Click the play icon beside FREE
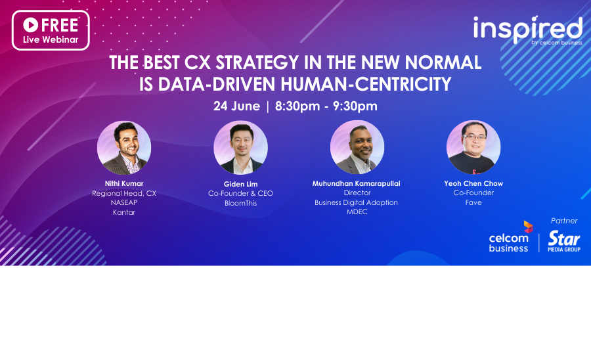pyautogui.click(x=30, y=25)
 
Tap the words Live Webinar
pyautogui.click(x=51, y=39)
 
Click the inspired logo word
pyautogui.click(x=528, y=28)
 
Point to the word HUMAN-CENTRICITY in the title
pyautogui.click(x=366, y=84)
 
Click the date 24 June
pyautogui.click(x=236, y=106)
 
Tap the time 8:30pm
pyautogui.click(x=297, y=106)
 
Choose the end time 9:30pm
pyautogui.click(x=355, y=106)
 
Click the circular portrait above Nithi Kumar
pyautogui.click(x=124, y=147)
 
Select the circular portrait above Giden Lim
pyautogui.click(x=240, y=147)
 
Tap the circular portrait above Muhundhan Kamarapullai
pyautogui.click(x=357, y=147)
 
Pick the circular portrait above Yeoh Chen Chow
pyautogui.click(x=473, y=147)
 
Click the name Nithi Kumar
pyautogui.click(x=124, y=183)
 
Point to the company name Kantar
pyautogui.click(x=124, y=212)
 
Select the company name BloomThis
pyautogui.click(x=240, y=203)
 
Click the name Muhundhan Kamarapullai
pyautogui.click(x=356, y=183)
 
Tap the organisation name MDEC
pyautogui.click(x=357, y=212)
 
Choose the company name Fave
pyautogui.click(x=473, y=202)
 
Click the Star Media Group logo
pyautogui.click(x=564, y=241)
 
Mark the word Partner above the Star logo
pyautogui.click(x=564, y=221)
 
